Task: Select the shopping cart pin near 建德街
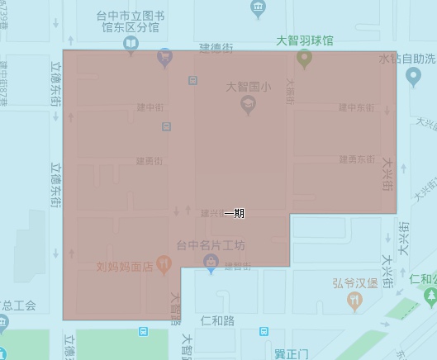click(x=165, y=57)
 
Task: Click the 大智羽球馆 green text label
click(x=306, y=39)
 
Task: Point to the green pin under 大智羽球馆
click(x=304, y=58)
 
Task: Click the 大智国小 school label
click(x=247, y=86)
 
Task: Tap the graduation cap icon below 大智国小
click(x=247, y=103)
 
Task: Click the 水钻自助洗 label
click(x=406, y=59)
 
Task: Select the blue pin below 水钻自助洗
click(x=414, y=78)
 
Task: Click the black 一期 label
click(x=234, y=213)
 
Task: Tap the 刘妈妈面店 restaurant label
click(x=125, y=266)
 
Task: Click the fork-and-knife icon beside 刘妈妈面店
click(x=165, y=266)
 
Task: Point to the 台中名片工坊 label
click(x=211, y=245)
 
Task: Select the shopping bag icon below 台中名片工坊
click(x=211, y=263)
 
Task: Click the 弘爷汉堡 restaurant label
click(x=355, y=283)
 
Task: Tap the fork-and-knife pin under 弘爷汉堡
click(x=355, y=301)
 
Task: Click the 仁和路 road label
click(x=217, y=319)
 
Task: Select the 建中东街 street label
click(x=356, y=108)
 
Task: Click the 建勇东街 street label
click(x=356, y=159)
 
